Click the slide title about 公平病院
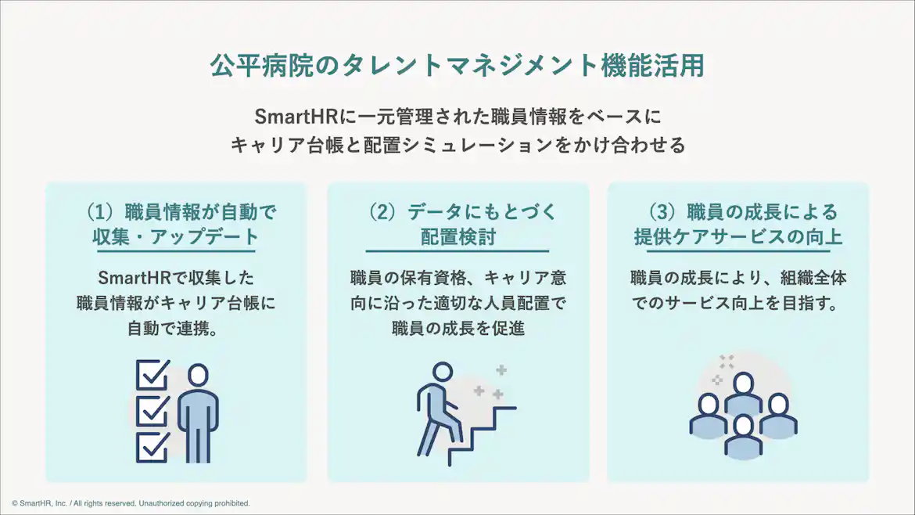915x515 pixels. [x=457, y=66]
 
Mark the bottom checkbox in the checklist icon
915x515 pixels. [x=152, y=447]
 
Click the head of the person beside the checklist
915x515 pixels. [x=199, y=375]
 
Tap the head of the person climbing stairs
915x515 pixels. [x=443, y=372]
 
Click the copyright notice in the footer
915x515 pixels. [x=131, y=503]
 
